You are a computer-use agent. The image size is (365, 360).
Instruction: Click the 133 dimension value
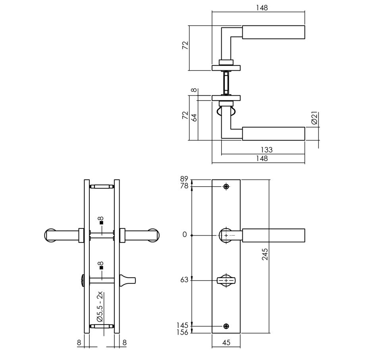267,150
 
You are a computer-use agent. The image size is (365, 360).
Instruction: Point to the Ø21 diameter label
314,118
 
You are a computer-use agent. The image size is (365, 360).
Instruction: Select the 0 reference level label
184,235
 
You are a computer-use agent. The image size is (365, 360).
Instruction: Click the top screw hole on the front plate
226,186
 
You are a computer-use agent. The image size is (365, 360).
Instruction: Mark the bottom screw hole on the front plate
226,326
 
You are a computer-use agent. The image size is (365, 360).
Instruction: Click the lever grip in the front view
273,235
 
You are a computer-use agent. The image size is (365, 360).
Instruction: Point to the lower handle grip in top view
273,134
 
